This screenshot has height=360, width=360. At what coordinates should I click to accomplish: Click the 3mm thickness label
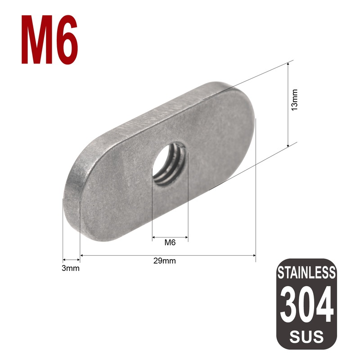(71, 269)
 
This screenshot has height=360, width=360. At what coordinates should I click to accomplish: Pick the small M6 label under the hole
(170, 243)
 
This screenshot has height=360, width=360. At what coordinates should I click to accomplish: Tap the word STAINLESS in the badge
(306, 272)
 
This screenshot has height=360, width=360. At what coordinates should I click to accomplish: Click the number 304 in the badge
(306, 304)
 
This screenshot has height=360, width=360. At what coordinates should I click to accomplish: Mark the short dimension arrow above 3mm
(71, 260)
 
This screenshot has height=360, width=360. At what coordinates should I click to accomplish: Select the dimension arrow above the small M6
(170, 237)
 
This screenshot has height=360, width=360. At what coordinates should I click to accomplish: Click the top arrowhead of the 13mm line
(288, 64)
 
